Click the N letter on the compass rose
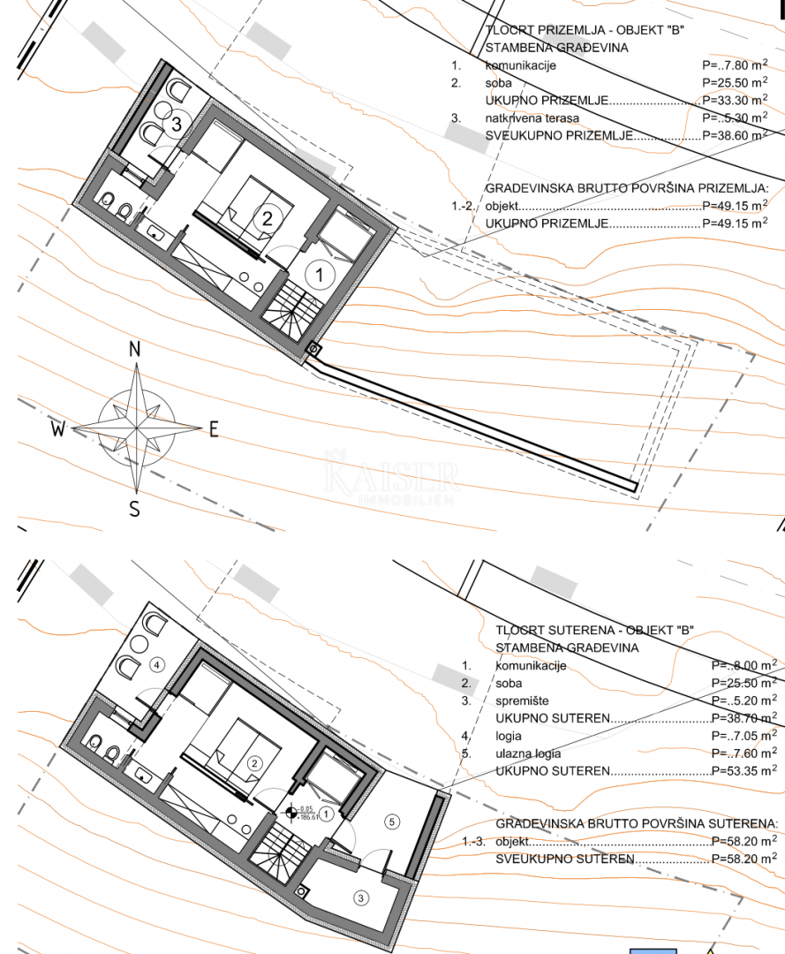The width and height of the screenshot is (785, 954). pyautogui.click(x=135, y=349)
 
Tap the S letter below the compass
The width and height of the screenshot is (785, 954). pyautogui.click(x=135, y=509)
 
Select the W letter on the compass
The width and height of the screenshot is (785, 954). pyautogui.click(x=58, y=430)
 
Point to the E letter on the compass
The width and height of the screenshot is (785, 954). pyautogui.click(x=213, y=429)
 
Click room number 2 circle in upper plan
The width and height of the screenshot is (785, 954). pyautogui.click(x=264, y=219)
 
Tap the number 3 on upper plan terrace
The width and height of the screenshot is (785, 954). pyautogui.click(x=176, y=125)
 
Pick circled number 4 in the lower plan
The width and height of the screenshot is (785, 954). pyautogui.click(x=156, y=665)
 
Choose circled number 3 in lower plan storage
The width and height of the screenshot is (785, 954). pyautogui.click(x=359, y=897)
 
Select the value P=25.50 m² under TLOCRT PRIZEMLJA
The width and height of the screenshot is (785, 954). pyautogui.click(x=734, y=83)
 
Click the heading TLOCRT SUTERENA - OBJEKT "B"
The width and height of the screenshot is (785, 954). pyautogui.click(x=594, y=630)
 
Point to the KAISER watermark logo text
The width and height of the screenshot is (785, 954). pyautogui.click(x=391, y=478)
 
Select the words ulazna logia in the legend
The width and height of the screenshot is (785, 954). pyautogui.click(x=529, y=753)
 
